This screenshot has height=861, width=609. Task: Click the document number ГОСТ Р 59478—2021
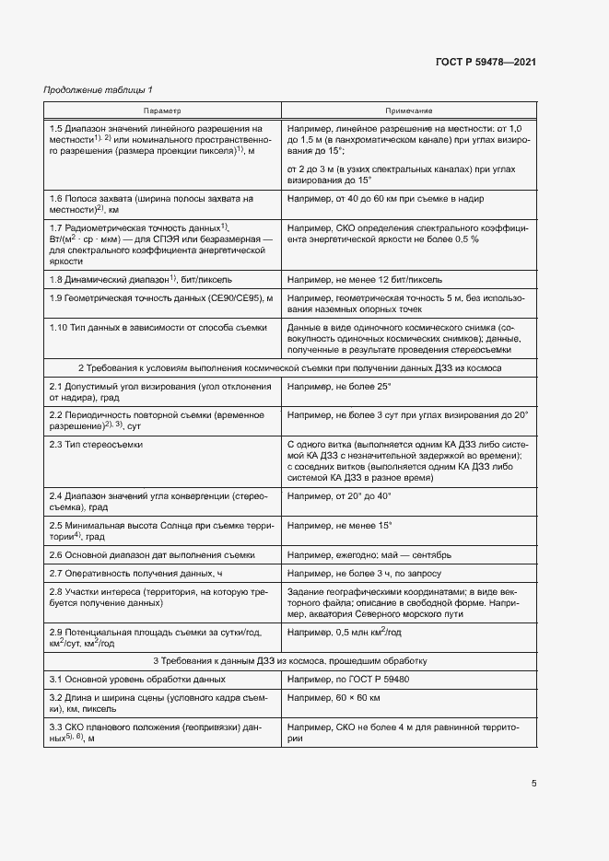point(486,62)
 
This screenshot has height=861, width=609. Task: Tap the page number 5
point(534,784)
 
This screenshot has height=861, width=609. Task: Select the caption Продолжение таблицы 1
point(99,89)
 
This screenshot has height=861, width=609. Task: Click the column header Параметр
point(162,110)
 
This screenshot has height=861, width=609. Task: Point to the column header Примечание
point(409,110)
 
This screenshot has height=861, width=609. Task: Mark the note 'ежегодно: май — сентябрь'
point(369,555)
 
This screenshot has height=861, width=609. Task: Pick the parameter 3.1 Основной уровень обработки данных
point(137,679)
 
